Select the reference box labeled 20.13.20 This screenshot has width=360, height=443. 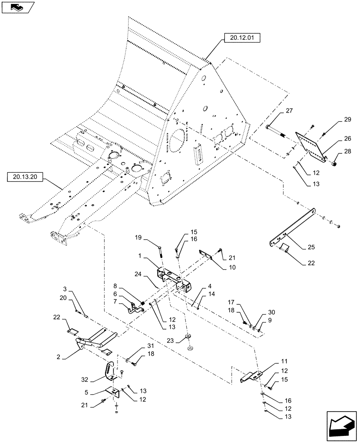[x=25, y=178]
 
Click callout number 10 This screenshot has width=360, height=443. [x=232, y=267]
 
